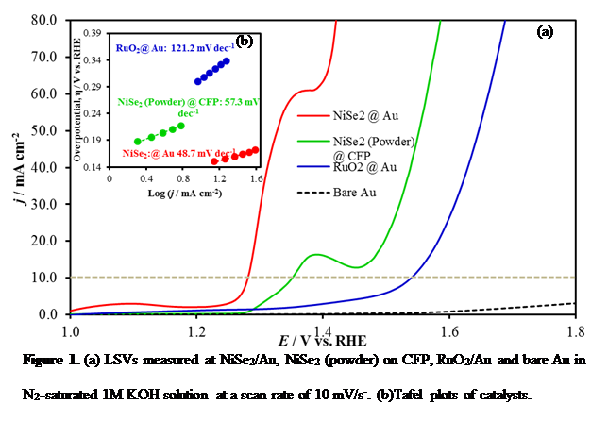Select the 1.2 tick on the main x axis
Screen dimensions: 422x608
tap(195, 331)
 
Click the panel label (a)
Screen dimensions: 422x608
tap(545, 31)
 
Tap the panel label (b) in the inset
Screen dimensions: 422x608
tap(244, 41)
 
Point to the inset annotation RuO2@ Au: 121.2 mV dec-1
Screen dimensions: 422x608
tap(176, 46)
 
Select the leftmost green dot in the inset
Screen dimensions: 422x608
tap(138, 142)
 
